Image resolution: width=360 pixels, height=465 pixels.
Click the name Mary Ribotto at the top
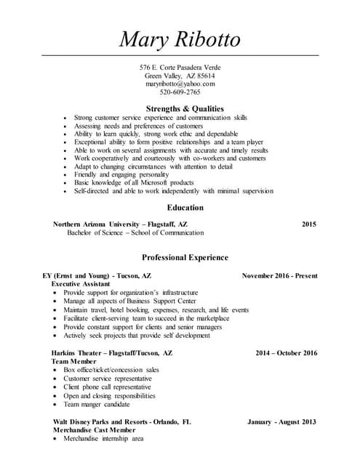(180, 37)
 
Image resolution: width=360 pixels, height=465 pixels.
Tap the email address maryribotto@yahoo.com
(180, 84)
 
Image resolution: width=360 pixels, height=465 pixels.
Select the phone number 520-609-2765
(180, 93)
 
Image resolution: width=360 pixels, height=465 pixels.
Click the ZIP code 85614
(204, 76)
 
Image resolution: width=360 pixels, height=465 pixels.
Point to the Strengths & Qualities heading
(185, 108)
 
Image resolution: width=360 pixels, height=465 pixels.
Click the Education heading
(185, 207)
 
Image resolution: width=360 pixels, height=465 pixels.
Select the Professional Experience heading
(185, 257)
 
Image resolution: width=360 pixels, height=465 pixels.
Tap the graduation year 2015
(309, 225)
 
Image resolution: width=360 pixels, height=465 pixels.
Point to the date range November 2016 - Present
(279, 276)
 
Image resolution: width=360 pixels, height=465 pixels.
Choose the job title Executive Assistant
(81, 284)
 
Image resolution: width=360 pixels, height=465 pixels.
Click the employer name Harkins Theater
(77, 352)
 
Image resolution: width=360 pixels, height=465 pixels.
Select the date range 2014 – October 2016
(287, 352)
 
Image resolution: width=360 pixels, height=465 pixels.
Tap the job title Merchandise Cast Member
(94, 430)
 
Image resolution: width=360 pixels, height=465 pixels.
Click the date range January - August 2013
(282, 421)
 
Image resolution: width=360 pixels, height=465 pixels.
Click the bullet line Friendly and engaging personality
(121, 174)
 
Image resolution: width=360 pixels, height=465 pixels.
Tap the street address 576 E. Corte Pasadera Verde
(180, 67)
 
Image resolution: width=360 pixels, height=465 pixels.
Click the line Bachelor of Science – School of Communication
(136, 233)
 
